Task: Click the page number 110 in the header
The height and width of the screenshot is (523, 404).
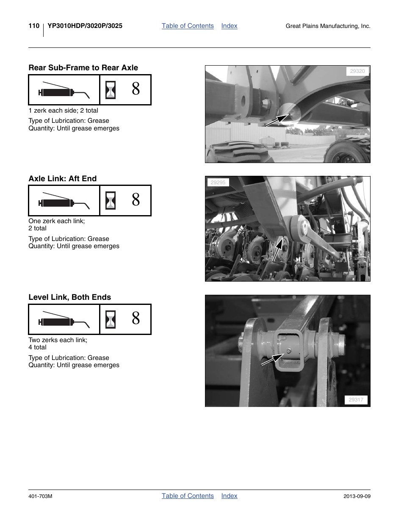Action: [34, 26]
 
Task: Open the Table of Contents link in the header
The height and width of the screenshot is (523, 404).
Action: [188, 26]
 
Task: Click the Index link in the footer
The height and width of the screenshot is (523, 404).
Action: [229, 496]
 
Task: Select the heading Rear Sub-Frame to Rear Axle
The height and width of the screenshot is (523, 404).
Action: [83, 68]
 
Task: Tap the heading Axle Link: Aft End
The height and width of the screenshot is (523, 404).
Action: [62, 179]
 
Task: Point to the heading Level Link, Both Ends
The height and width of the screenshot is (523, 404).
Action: [69, 297]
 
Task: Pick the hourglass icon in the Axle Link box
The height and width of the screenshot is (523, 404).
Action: [111, 200]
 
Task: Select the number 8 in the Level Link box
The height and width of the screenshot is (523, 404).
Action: [136, 318]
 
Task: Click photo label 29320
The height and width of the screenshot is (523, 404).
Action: [357, 71]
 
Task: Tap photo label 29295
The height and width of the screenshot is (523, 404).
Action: [218, 183]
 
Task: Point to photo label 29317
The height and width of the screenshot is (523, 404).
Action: [356, 400]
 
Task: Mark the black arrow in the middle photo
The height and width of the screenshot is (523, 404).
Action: [277, 250]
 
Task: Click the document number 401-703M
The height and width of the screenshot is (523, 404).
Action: [40, 496]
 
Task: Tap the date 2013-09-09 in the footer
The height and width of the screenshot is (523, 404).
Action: [357, 496]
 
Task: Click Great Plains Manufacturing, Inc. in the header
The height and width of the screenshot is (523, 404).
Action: [328, 26]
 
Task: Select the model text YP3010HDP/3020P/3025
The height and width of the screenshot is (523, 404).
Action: [85, 26]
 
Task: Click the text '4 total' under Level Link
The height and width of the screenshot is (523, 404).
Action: [37, 347]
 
